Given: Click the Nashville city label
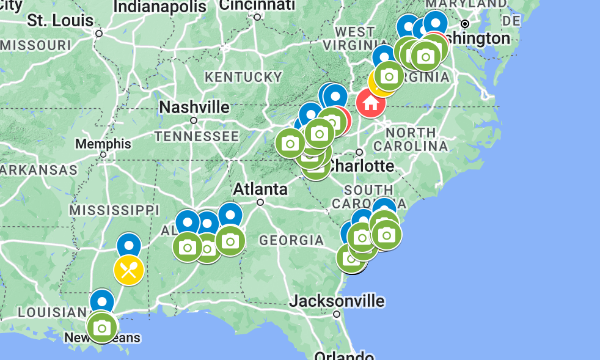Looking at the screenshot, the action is pos(194,108).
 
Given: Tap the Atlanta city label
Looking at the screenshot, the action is pos(260,189).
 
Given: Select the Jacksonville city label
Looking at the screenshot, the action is pos(337,301).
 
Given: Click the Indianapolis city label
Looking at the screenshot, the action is pos(160,7).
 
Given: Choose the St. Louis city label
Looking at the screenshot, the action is pos(60,20).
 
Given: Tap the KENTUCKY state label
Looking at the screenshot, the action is pos(243,77).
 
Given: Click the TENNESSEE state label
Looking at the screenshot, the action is pos(196,136).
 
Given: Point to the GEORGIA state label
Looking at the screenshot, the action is pos(291,240).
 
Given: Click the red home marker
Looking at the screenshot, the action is pos(370,103).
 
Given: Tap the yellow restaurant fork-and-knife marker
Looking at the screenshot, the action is pos(129,270).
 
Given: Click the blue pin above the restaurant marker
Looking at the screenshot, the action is pos(129,246).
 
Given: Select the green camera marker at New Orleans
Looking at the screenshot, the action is pos(102,328).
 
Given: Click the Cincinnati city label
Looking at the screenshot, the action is pos(257,6).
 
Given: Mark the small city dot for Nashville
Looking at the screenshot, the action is pos(194,120).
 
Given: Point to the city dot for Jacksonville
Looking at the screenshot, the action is pos(337,314).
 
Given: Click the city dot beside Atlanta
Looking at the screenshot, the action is pos(260,202).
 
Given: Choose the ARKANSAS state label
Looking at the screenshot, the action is pos(38,170).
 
